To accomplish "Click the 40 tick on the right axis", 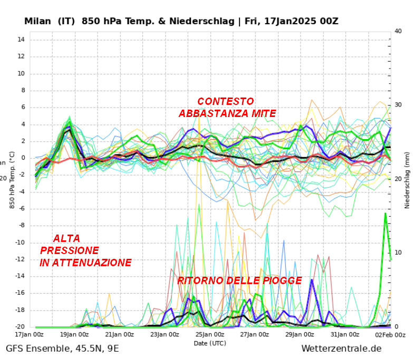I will [399, 31].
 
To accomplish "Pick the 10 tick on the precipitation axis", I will [399, 253].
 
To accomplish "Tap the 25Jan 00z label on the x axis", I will [210, 335].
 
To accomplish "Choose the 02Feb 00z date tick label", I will [390, 335].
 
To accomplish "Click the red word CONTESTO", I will [225, 101].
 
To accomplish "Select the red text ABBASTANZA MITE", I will [227, 113].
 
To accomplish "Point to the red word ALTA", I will [66, 238].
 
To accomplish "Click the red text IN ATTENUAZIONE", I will [85, 262].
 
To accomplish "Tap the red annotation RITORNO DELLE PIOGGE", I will [239, 280].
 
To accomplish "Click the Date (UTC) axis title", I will [210, 343].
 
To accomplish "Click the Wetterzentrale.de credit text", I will [341, 348].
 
